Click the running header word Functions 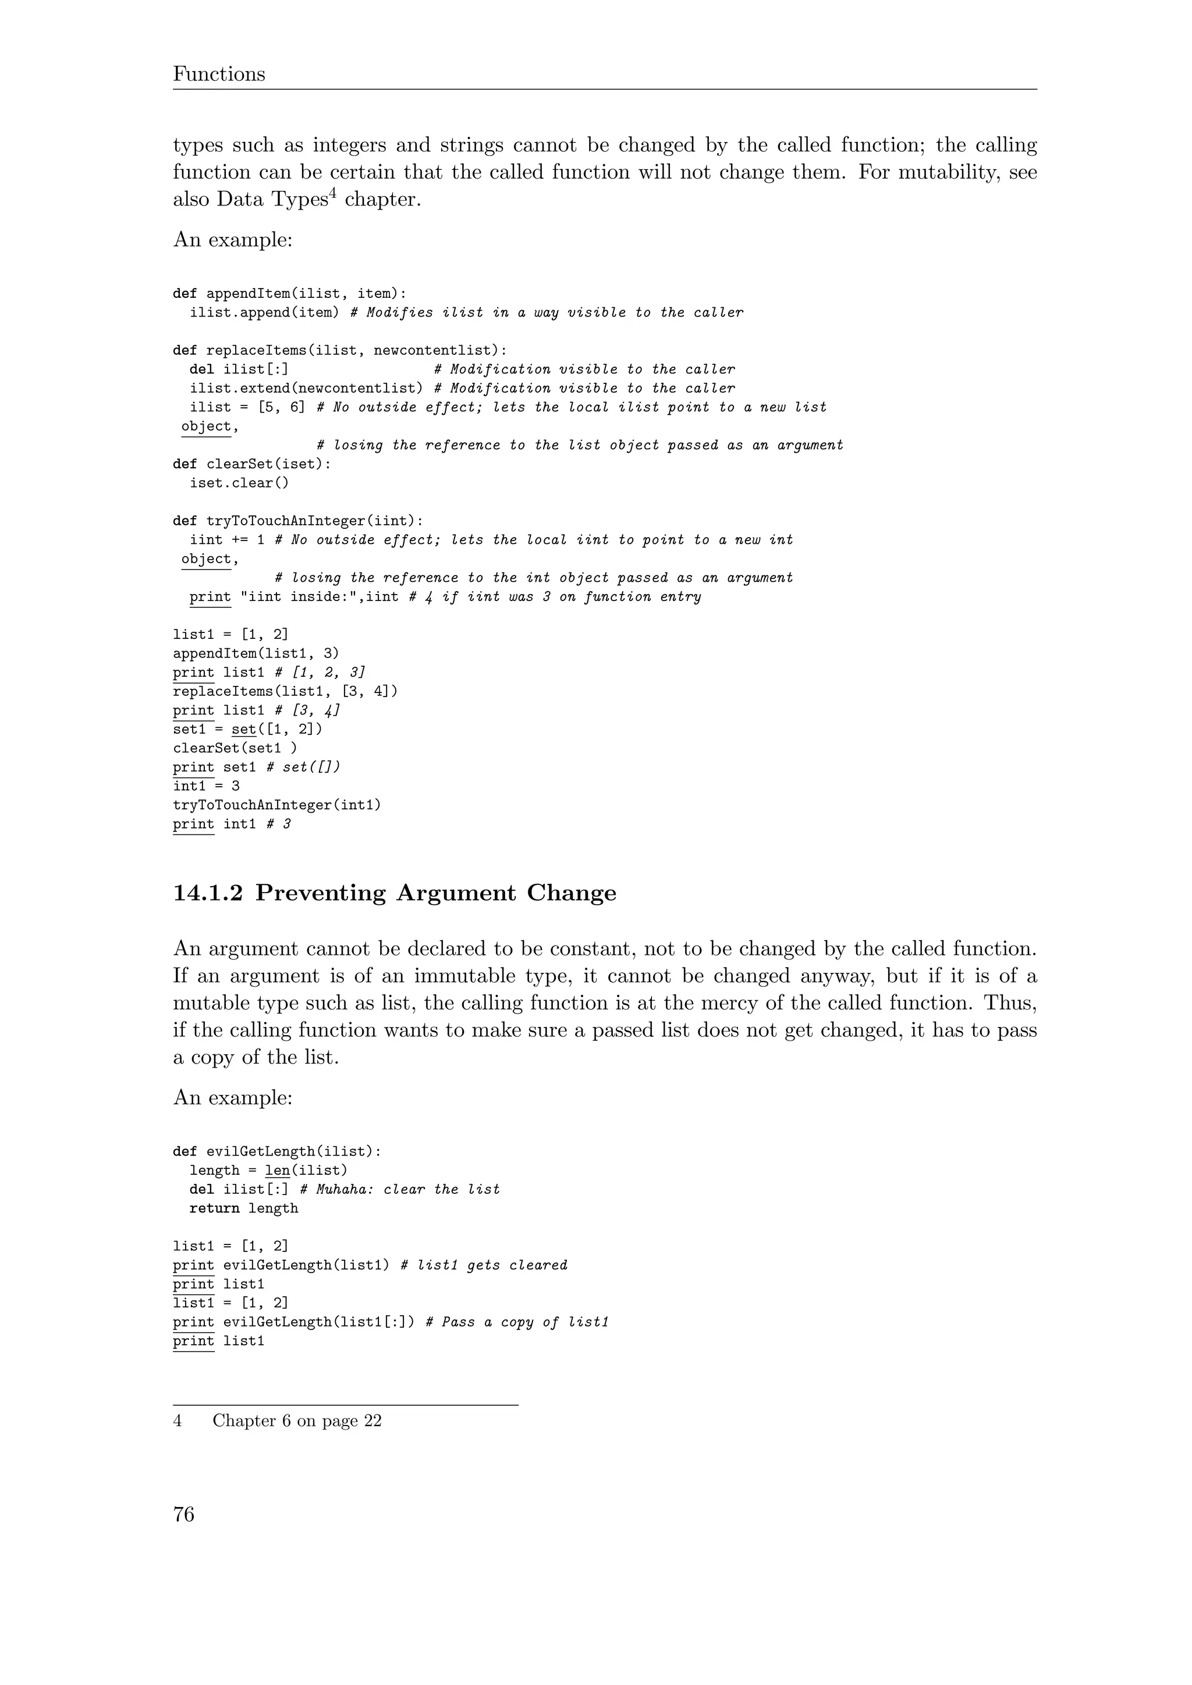point(219,74)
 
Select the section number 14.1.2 point(208,893)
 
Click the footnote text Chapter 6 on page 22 point(297,1421)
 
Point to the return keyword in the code point(214,1208)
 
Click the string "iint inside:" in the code point(297,596)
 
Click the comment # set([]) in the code point(304,767)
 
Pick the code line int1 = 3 point(206,786)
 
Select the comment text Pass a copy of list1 point(525,1322)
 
